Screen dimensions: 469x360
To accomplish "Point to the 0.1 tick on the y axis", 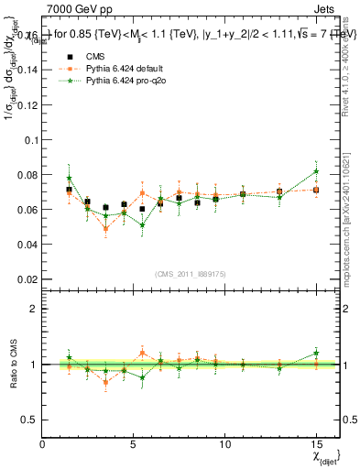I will pos(27,140).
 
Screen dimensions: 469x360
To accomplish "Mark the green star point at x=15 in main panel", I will pos(316,171).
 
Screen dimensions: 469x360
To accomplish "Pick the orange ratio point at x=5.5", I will pos(142,353).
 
